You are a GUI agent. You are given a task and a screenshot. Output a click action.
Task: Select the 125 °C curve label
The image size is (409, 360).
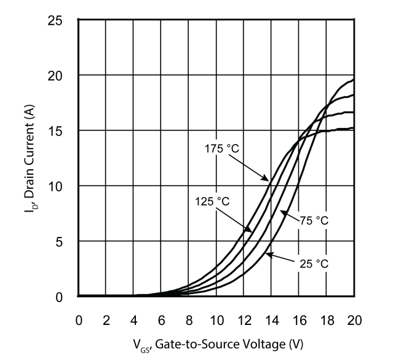[212, 201]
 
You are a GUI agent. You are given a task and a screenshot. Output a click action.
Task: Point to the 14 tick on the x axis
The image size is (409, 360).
[271, 320]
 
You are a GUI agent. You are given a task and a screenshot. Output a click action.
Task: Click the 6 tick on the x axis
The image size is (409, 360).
[161, 320]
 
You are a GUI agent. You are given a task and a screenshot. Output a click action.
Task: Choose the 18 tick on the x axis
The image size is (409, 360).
[327, 320]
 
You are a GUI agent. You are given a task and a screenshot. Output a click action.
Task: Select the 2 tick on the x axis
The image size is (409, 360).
[106, 320]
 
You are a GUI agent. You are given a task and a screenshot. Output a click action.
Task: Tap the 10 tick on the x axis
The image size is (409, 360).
[216, 320]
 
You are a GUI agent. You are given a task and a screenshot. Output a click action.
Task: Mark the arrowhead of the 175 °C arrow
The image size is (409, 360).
[268, 181]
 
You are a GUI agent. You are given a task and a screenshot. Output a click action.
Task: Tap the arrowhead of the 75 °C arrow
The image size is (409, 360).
[282, 211]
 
